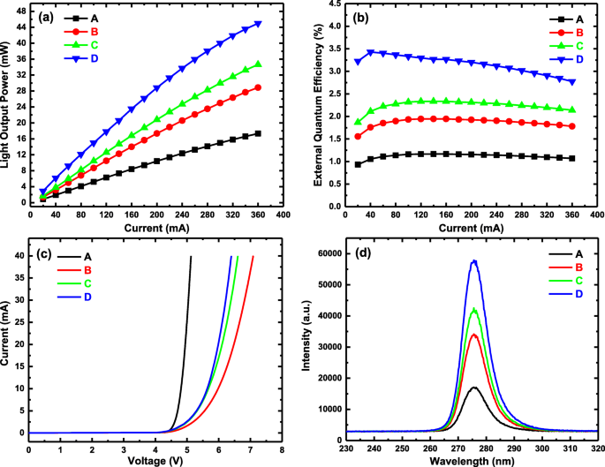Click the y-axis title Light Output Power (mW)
tap(8, 105)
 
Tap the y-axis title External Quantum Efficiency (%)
tap(323, 105)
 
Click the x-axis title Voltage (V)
tap(155, 460)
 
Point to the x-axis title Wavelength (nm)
tap(470, 460)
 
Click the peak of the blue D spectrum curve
tap(474, 260)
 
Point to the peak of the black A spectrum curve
tap(474, 387)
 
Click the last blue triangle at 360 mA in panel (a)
tap(258, 24)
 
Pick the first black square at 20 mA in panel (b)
tap(358, 164)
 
